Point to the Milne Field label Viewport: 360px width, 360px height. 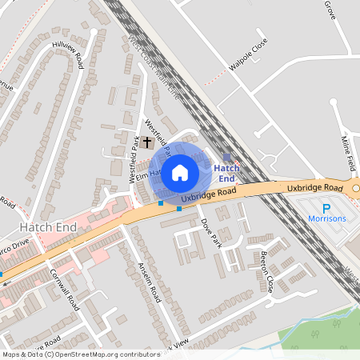tap(348, 153)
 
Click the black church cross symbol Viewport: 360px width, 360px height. tap(147, 142)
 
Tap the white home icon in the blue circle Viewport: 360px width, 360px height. tap(180, 172)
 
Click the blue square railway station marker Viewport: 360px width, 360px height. tap(227, 158)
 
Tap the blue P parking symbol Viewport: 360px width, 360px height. tap(326, 206)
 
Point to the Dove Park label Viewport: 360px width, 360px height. tap(210, 232)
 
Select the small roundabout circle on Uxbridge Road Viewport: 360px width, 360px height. tap(356, 190)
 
